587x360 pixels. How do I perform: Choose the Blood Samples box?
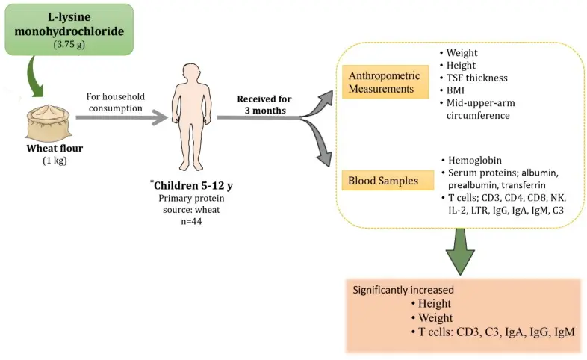(x=382, y=181)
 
